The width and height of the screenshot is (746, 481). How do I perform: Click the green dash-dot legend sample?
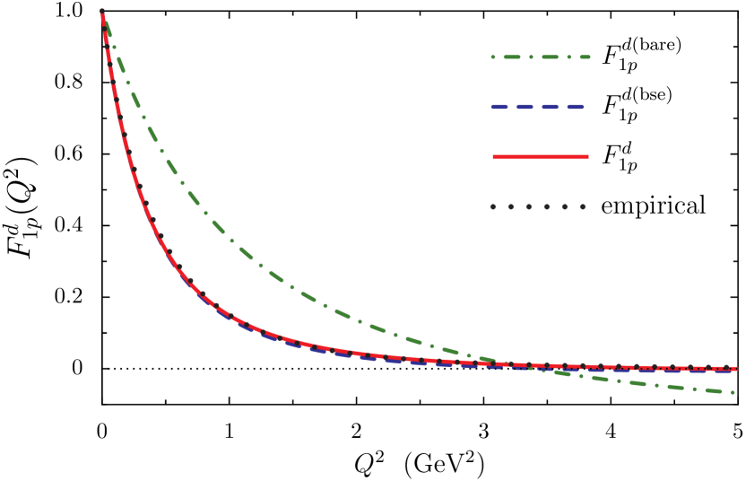point(541,57)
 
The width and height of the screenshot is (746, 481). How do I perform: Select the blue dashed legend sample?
point(537,107)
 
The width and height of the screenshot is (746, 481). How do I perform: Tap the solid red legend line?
point(541,157)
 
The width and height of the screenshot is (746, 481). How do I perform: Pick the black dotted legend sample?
point(537,206)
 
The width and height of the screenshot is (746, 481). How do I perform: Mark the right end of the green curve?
point(733,392)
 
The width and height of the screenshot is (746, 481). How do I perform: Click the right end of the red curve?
point(736,368)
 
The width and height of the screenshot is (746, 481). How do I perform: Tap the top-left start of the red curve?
point(102,13)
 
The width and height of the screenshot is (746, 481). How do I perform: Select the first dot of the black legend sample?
point(492,206)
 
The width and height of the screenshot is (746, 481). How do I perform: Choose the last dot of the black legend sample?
point(582,206)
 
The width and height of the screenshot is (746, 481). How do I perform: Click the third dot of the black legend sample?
point(528,206)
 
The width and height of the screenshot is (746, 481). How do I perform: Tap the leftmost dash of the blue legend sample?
point(499,107)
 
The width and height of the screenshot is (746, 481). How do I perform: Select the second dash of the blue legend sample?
point(525,107)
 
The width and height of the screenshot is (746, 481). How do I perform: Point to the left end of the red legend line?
point(494,157)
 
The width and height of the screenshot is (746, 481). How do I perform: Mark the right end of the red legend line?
point(587,157)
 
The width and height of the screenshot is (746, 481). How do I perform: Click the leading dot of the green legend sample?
point(492,57)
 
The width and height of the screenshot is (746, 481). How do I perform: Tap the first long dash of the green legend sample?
point(512,57)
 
